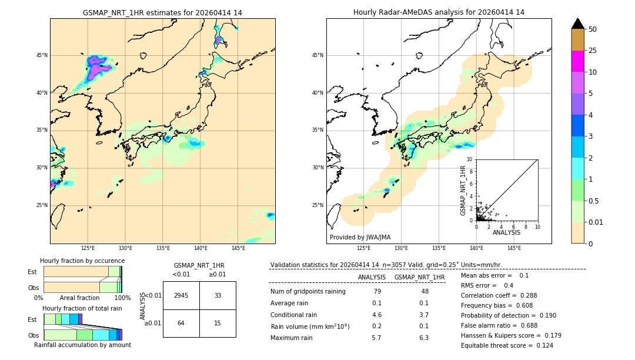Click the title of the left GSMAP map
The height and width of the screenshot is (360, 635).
(x=162, y=12)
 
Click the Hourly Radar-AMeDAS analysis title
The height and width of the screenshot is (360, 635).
(x=439, y=12)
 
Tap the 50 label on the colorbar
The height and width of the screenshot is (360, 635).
(x=593, y=29)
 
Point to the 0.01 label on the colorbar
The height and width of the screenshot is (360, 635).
(x=596, y=222)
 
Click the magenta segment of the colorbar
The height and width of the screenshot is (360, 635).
(x=577, y=61)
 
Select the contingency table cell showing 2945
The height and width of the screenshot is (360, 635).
(x=181, y=295)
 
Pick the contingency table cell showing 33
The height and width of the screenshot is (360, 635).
(x=218, y=295)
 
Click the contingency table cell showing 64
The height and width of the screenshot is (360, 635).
(x=181, y=323)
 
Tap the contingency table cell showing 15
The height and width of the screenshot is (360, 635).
(x=218, y=323)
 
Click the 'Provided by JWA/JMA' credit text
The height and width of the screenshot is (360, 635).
(x=360, y=238)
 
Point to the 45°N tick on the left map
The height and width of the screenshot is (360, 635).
(x=42, y=55)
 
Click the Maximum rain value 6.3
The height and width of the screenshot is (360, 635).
(x=423, y=338)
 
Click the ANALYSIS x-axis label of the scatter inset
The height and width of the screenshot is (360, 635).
(x=506, y=232)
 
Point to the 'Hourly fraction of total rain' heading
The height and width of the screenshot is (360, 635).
(x=82, y=308)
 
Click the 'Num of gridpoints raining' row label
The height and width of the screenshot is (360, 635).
(x=308, y=292)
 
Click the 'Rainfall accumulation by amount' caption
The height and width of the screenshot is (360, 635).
(x=82, y=345)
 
